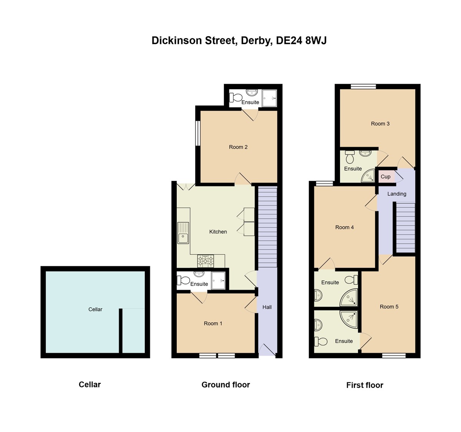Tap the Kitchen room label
[218, 232]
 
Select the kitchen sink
[183, 233]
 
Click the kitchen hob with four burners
[206, 261]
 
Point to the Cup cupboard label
[385, 177]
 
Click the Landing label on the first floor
[396, 194]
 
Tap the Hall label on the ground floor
[267, 307]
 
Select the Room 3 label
[380, 124]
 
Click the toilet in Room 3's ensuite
[350, 157]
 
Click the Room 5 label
[389, 307]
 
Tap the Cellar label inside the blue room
[95, 309]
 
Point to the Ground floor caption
[226, 385]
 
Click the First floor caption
[365, 385]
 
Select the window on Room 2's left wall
[198, 133]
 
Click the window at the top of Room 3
[363, 86]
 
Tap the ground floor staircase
[267, 227]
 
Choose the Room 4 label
[344, 228]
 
